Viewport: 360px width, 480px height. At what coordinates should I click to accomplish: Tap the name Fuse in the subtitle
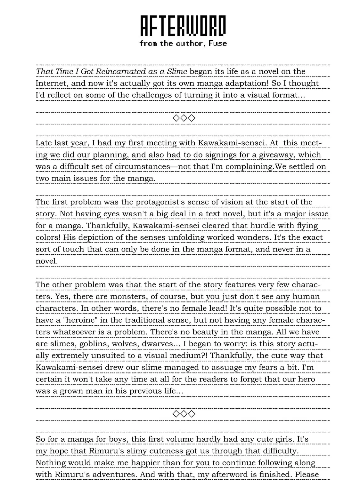(x=217, y=43)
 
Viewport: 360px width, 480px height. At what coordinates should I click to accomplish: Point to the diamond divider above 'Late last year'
(x=184, y=118)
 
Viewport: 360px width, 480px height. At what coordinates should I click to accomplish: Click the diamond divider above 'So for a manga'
(x=184, y=414)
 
